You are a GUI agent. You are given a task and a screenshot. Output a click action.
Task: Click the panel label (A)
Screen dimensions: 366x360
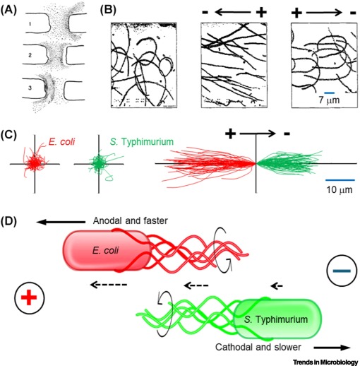tap(13, 10)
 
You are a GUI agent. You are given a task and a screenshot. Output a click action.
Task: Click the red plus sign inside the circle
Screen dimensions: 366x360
tap(28, 299)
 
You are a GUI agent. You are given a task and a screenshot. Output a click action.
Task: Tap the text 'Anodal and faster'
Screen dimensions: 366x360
tap(129, 220)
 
